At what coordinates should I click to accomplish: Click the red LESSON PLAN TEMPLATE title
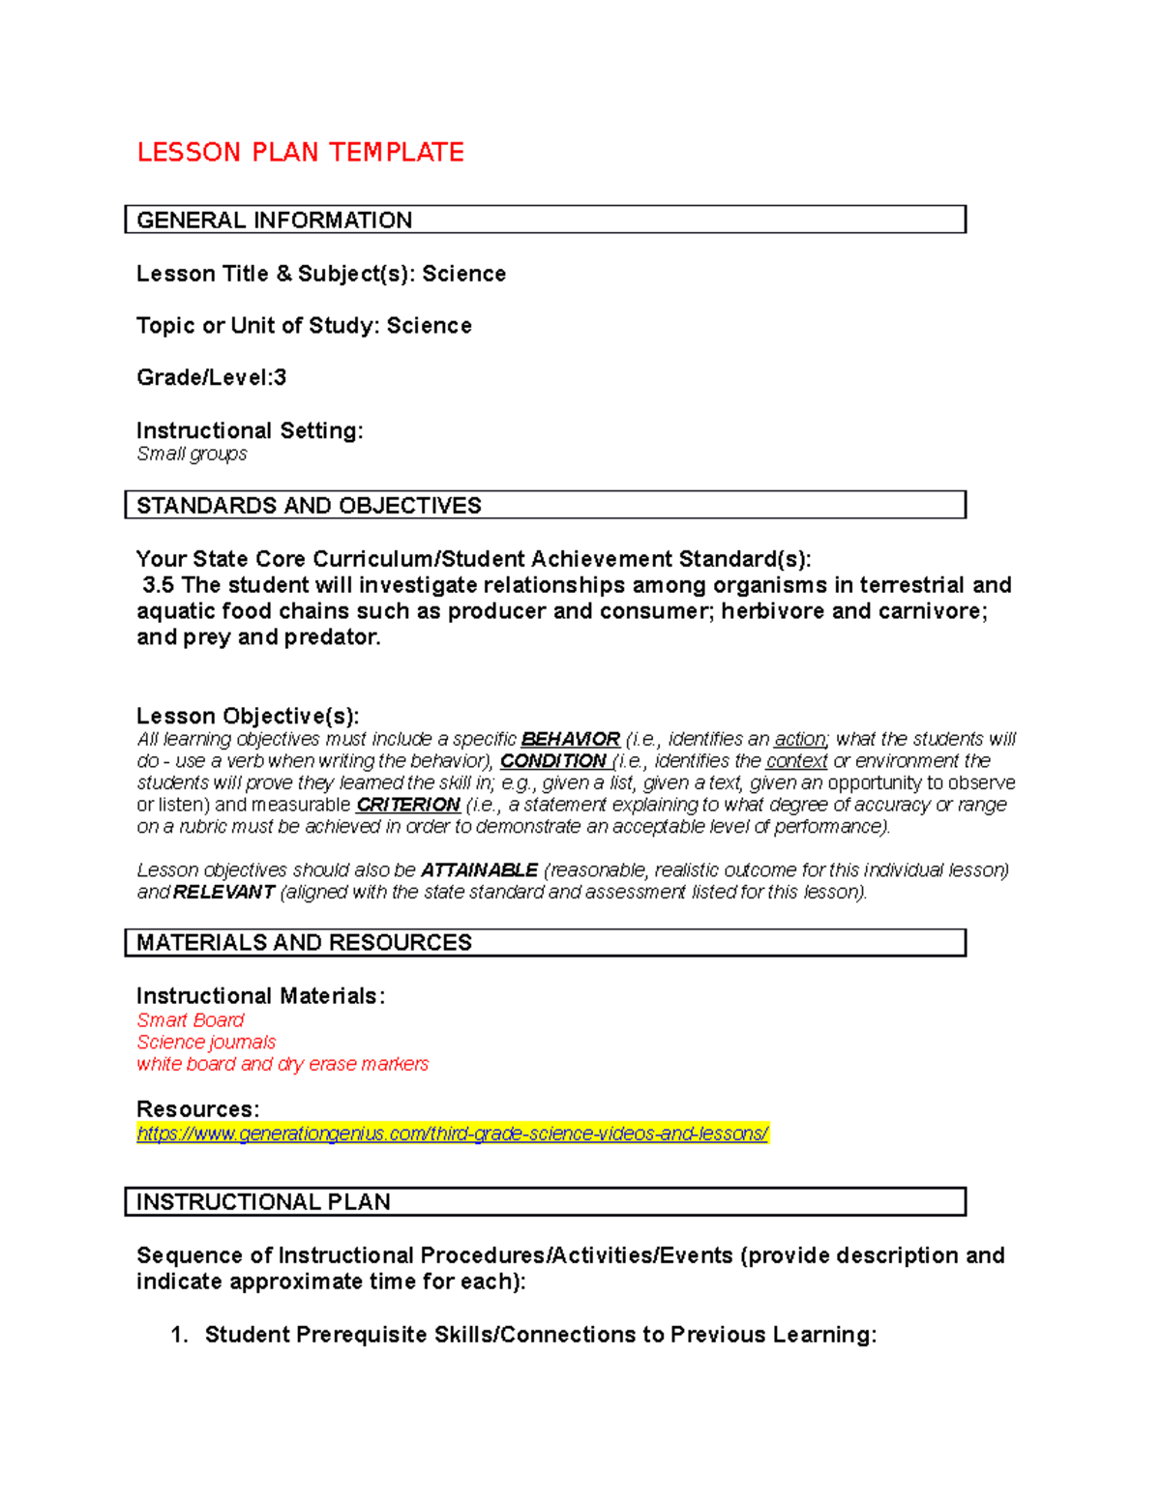(x=300, y=153)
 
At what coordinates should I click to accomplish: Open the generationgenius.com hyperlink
(x=452, y=1134)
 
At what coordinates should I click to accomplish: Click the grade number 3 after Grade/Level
(x=281, y=378)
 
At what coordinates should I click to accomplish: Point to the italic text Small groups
(x=192, y=455)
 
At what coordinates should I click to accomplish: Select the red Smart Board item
(x=191, y=1020)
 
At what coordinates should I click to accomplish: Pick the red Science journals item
(x=206, y=1043)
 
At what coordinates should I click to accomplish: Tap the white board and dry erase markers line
(x=283, y=1065)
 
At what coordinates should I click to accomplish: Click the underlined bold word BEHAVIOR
(x=570, y=740)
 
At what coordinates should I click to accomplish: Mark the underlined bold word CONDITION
(x=552, y=762)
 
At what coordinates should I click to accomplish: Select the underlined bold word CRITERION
(x=407, y=806)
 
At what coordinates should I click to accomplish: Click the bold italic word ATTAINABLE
(x=479, y=870)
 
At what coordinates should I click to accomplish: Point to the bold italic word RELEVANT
(x=223, y=893)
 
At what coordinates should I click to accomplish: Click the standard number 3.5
(x=158, y=586)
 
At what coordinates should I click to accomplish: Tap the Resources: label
(x=197, y=1109)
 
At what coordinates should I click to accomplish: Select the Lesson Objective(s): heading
(x=248, y=717)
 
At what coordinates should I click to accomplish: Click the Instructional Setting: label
(x=250, y=431)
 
